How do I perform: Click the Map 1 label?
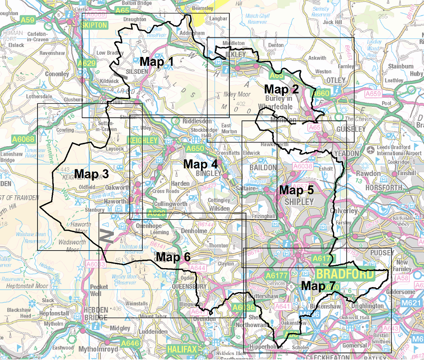pyautogui.click(x=156, y=61)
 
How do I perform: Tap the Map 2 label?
pyautogui.click(x=281, y=89)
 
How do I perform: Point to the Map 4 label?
pyautogui.click(x=201, y=164)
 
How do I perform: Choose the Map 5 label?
pyautogui.click(x=296, y=190)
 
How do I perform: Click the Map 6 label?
pyautogui.click(x=173, y=257)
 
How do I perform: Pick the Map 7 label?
pyautogui.click(x=319, y=286)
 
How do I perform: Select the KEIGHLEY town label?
pyautogui.click(x=142, y=141)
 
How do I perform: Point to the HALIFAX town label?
pyautogui.click(x=182, y=349)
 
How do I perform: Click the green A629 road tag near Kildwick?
pyautogui.click(x=86, y=63)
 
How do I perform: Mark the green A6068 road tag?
pyautogui.click(x=23, y=139)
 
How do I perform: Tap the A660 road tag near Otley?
pyautogui.click(x=322, y=93)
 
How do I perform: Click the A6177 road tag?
pyautogui.click(x=276, y=275)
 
